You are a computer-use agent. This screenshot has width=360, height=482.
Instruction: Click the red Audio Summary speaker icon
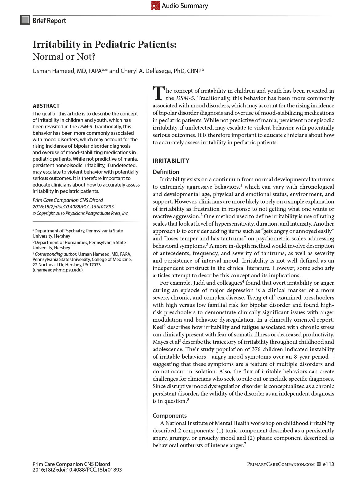click(x=155, y=6)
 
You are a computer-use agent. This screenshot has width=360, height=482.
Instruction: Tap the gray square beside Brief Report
click(x=25, y=20)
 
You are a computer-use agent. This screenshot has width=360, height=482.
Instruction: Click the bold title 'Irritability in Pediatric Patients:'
click(x=105, y=44)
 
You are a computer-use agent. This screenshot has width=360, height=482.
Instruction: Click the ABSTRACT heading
click(x=46, y=106)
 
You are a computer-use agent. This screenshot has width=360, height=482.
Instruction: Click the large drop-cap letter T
click(x=158, y=93)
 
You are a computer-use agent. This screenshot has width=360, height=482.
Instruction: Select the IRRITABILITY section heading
click(x=171, y=161)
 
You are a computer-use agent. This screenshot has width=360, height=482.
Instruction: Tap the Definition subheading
click(x=166, y=172)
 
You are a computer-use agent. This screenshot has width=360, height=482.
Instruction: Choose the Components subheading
click(x=170, y=416)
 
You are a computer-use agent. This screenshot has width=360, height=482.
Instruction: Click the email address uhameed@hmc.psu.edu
click(x=58, y=270)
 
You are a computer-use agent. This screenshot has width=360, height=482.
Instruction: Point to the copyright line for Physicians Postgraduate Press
click(x=81, y=213)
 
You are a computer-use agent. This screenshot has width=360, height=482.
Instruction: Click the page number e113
click(x=328, y=464)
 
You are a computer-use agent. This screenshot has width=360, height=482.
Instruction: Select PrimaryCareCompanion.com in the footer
click(x=281, y=464)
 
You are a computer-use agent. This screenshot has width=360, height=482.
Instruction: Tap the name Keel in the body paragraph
click(x=158, y=327)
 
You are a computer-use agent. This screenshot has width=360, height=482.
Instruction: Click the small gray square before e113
click(x=319, y=464)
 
